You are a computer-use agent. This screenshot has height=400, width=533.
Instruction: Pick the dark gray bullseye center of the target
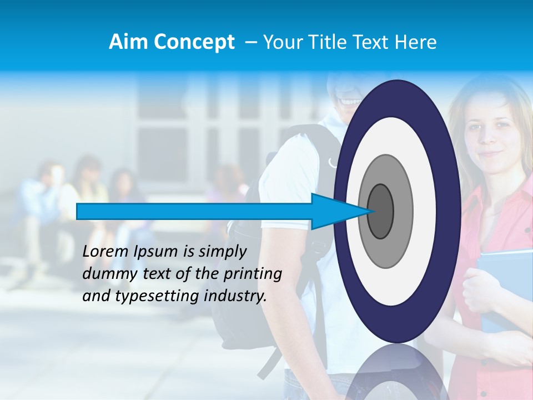click(x=381, y=211)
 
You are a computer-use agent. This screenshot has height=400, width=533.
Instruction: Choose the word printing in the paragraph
click(x=253, y=274)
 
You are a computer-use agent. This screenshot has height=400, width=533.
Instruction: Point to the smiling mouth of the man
click(x=350, y=102)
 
